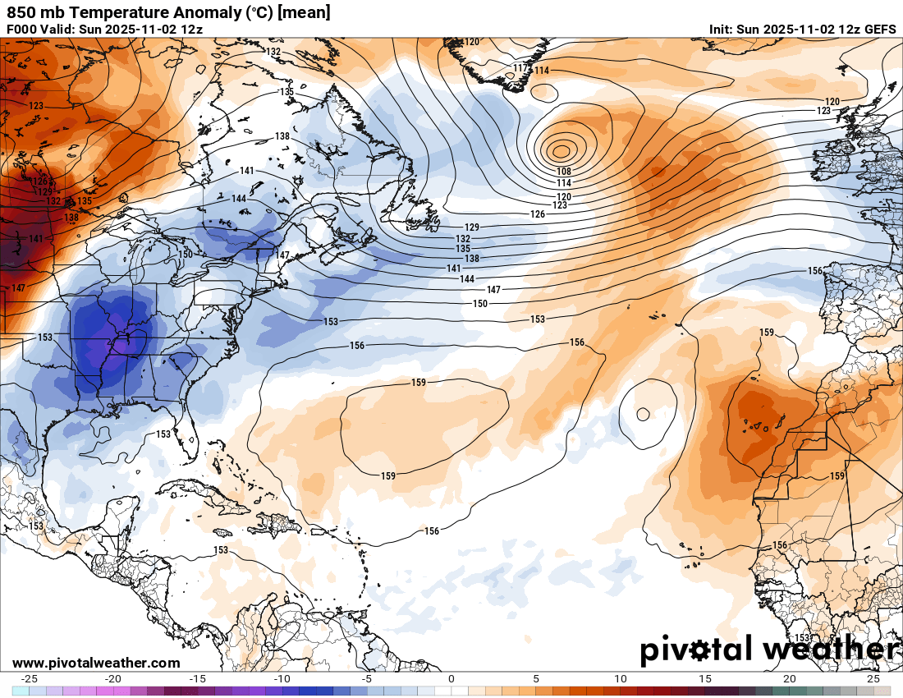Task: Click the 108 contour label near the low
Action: point(564,171)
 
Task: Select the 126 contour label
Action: point(538,214)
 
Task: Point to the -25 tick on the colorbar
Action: point(30,679)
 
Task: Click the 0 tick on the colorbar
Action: point(451,679)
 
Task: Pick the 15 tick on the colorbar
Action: point(704,679)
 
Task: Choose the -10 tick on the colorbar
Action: point(282,679)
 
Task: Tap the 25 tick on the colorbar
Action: point(873,679)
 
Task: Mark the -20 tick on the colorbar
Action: point(114,679)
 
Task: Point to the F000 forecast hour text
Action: point(23,30)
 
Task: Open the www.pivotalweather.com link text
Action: point(96,663)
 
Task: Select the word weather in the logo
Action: point(829,650)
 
